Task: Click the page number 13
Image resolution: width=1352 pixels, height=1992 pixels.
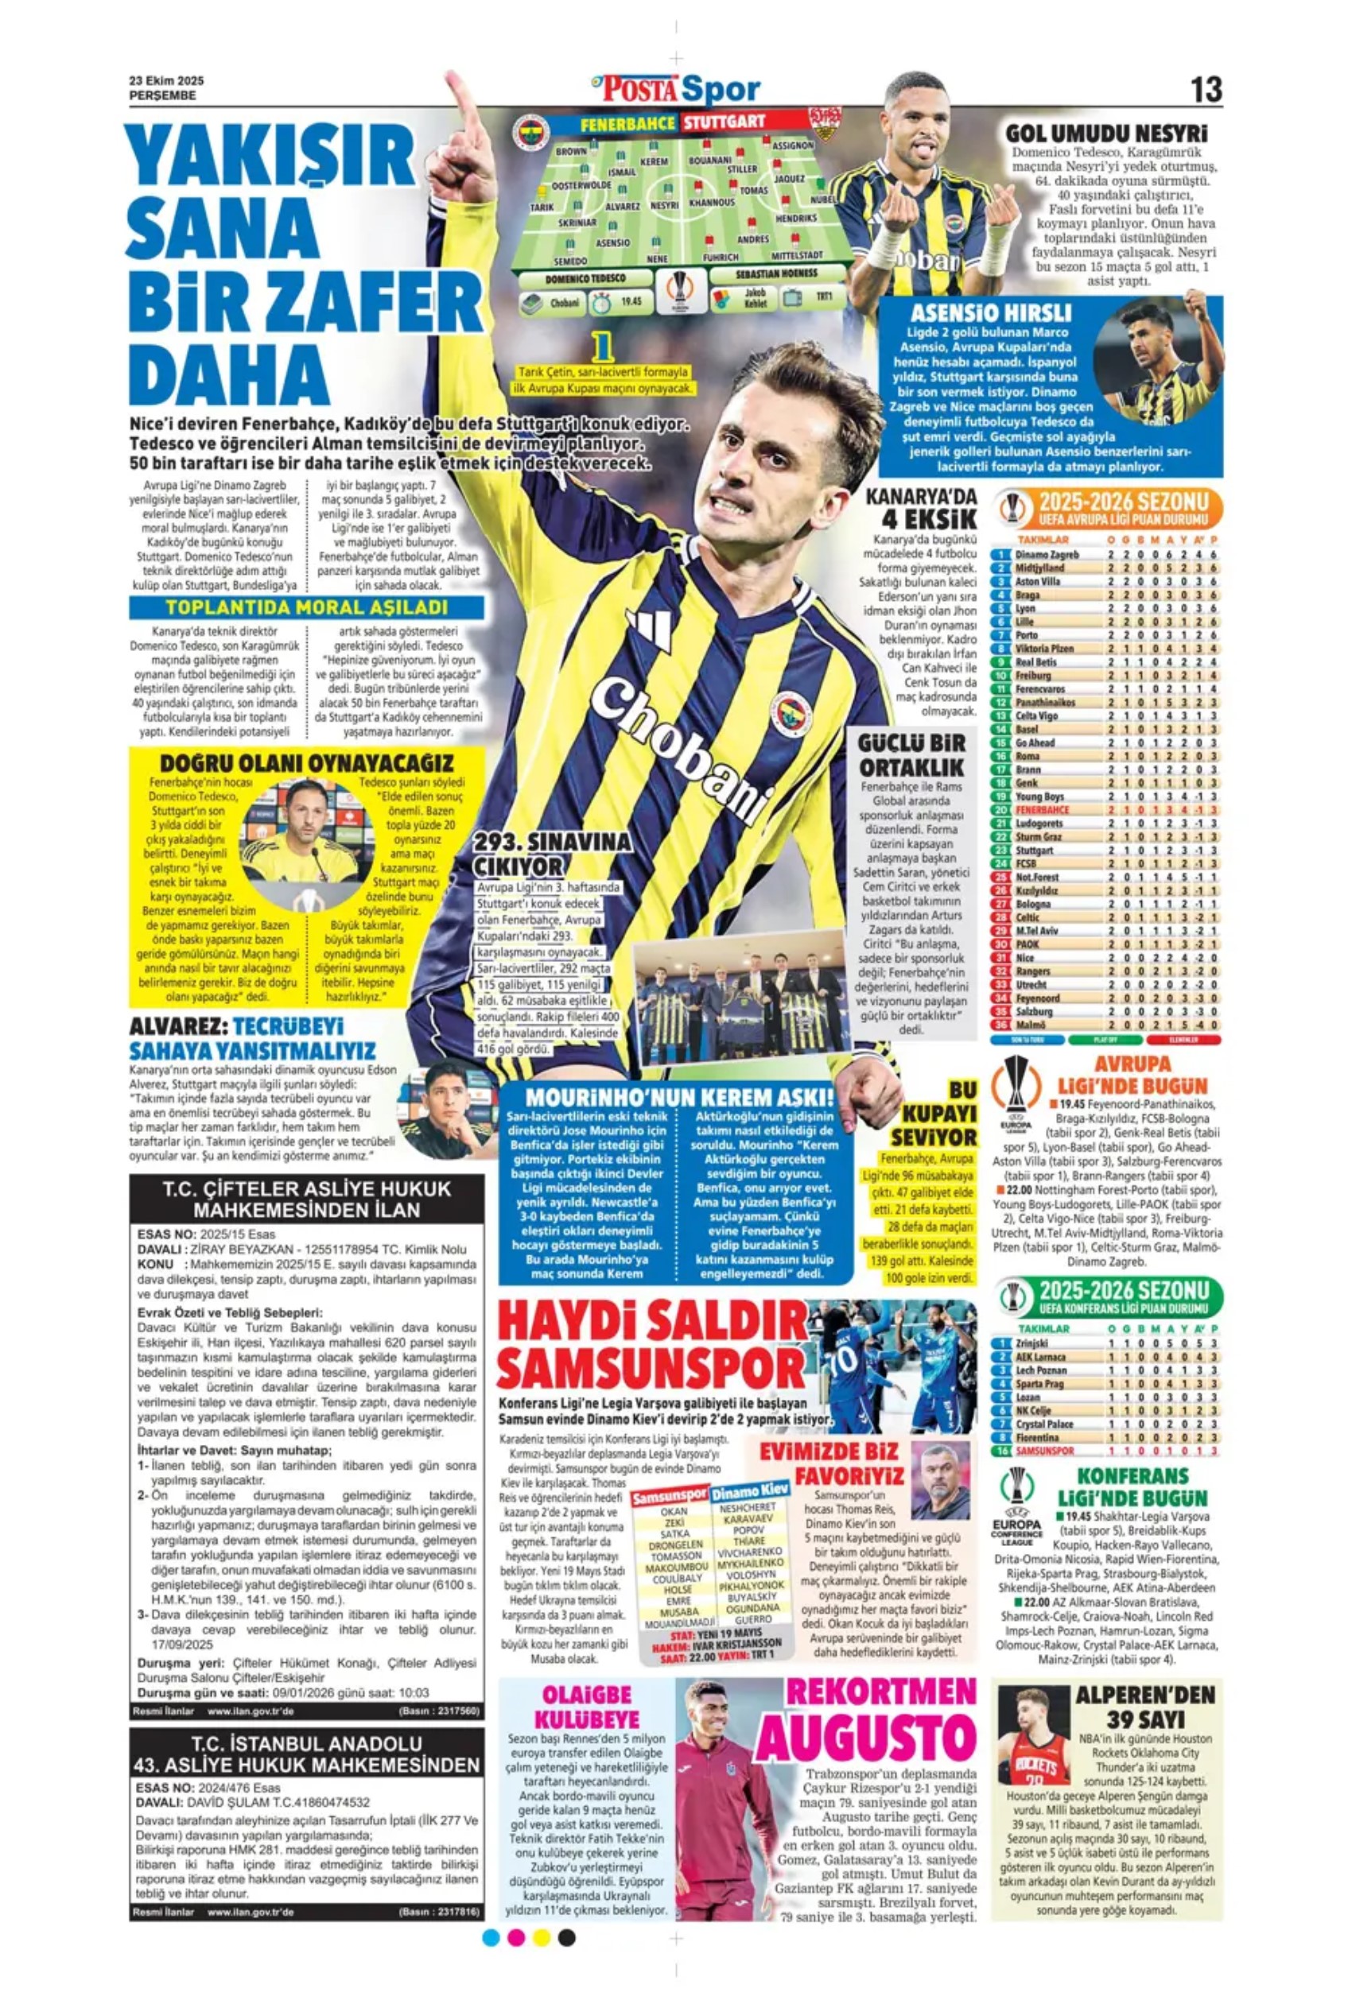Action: pos(1205,90)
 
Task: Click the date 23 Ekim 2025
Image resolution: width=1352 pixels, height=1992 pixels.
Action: pos(166,80)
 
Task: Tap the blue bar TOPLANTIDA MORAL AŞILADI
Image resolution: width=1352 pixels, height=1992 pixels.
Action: pos(306,608)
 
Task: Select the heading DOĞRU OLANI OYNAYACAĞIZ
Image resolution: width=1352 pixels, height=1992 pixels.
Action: pos(306,763)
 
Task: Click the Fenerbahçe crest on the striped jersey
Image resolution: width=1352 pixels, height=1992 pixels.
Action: pos(791,715)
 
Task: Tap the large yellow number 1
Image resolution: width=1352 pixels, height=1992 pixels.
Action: pos(605,347)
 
